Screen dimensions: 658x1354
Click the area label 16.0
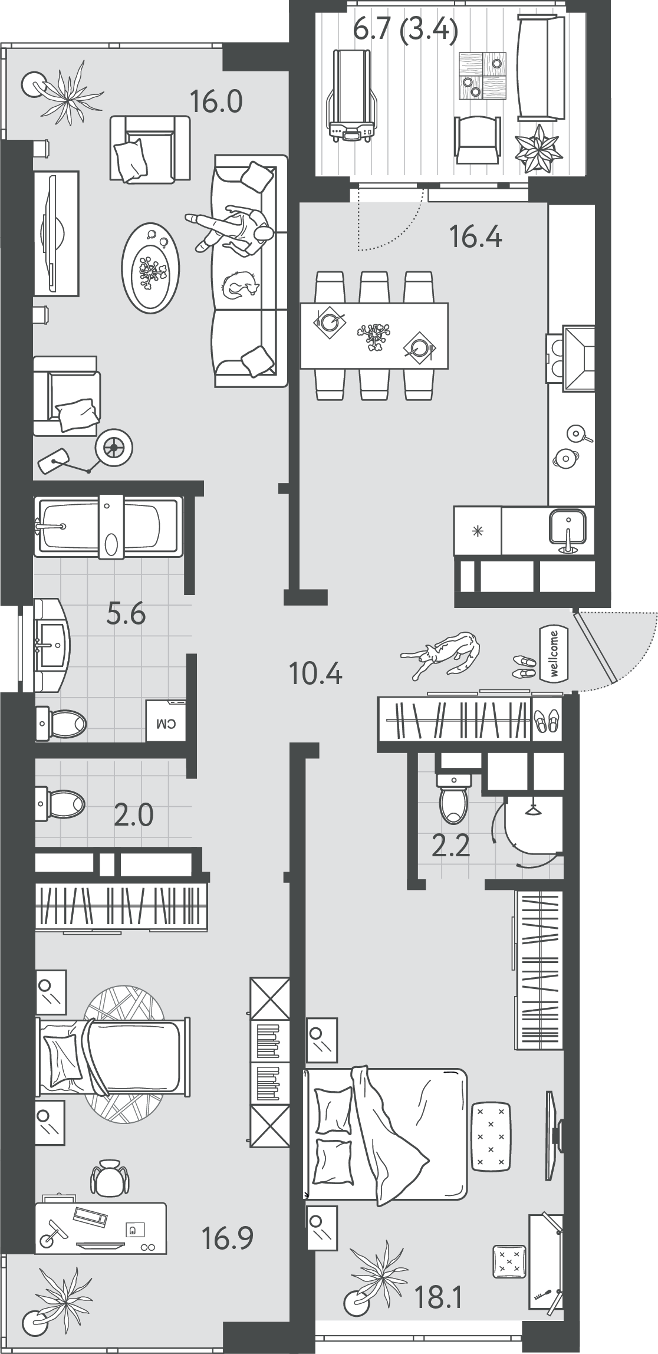pos(216,102)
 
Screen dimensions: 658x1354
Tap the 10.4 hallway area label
pos(315,673)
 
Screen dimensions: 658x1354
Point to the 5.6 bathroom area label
pos(126,615)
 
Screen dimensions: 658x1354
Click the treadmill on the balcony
pos(352,96)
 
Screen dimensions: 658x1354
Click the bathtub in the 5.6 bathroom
pos(109,527)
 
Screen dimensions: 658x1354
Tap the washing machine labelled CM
pos(166,721)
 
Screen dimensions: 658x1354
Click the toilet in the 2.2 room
pos(453,798)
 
